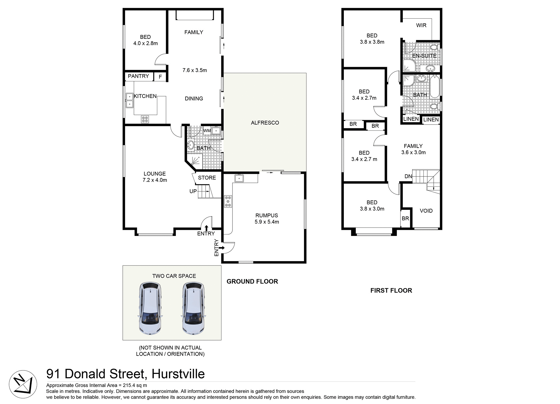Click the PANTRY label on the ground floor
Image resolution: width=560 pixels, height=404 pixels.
click(x=138, y=76)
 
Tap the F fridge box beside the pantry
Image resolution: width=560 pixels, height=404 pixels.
click(x=160, y=77)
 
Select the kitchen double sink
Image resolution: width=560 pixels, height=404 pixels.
click(x=129, y=100)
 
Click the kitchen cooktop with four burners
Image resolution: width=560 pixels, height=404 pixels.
click(x=145, y=119)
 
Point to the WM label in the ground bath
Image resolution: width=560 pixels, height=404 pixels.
click(x=207, y=131)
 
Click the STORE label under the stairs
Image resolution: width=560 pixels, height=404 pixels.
click(x=207, y=178)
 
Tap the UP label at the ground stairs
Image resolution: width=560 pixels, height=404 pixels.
click(x=193, y=191)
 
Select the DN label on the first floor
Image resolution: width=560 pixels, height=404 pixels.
click(x=408, y=176)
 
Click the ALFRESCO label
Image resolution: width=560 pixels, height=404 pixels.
click(x=265, y=123)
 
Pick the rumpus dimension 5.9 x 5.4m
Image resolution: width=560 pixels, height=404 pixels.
click(x=267, y=222)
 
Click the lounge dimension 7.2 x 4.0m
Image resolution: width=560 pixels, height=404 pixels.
click(x=155, y=180)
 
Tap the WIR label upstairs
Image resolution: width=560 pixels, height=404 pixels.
click(x=421, y=25)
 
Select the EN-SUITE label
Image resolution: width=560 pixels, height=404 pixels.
click(x=424, y=55)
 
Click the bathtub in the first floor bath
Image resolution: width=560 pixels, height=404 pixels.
click(x=435, y=87)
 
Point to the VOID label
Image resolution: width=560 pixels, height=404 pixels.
click(x=426, y=211)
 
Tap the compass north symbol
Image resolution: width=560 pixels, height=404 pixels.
click(x=23, y=384)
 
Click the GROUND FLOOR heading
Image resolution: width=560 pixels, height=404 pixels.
click(x=252, y=281)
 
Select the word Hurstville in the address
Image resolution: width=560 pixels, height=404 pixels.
click(x=178, y=374)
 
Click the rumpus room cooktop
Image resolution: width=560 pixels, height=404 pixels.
click(x=228, y=201)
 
